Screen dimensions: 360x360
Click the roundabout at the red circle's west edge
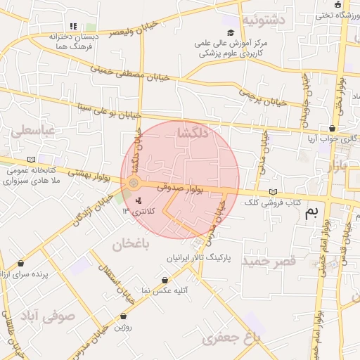[x=134, y=184]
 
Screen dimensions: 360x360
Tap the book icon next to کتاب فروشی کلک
[x=273, y=193]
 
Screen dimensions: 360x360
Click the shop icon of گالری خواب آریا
[x=331, y=129]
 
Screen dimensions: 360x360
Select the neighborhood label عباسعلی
[x=31, y=131]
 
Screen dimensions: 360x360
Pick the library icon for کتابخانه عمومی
[x=31, y=159]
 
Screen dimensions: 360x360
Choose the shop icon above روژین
[x=124, y=316]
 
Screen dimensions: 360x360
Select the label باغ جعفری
[x=231, y=339]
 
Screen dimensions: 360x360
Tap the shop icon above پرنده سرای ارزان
[x=21, y=264]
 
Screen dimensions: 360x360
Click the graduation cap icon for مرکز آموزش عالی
[x=231, y=32]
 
